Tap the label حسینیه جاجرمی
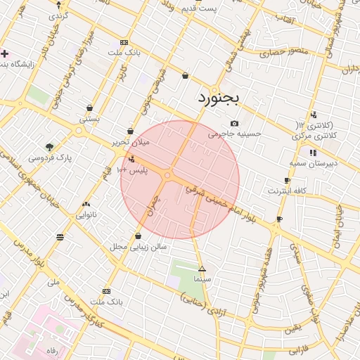(234, 132)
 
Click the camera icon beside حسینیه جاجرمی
(234, 123)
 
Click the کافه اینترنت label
(284, 191)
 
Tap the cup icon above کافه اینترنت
(287, 181)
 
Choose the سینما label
(202, 279)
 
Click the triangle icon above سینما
(202, 269)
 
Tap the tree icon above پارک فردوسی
(49, 147)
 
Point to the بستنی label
(89, 119)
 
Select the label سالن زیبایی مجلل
(136, 247)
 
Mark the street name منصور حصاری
(279, 52)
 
